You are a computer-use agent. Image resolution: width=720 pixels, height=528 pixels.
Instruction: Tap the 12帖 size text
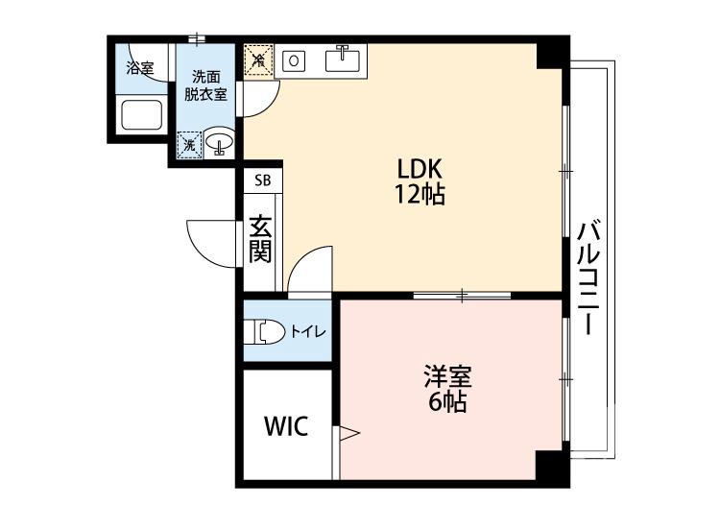[x=419, y=194]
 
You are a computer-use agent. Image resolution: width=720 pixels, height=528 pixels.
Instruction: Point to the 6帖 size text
[x=447, y=402]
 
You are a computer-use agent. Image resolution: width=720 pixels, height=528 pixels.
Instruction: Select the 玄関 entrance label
[x=260, y=239]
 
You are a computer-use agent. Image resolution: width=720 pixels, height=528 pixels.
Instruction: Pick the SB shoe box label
[x=262, y=180]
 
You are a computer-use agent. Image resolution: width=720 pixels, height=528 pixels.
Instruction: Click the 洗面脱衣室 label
[x=206, y=84]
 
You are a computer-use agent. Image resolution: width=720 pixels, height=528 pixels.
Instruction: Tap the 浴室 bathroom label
[x=140, y=68]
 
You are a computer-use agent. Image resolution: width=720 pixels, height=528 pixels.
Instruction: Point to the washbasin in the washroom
[x=220, y=142]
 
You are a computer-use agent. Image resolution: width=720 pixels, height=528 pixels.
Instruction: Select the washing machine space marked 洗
[x=189, y=144]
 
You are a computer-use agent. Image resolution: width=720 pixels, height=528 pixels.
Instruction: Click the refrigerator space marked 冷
[x=257, y=61]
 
